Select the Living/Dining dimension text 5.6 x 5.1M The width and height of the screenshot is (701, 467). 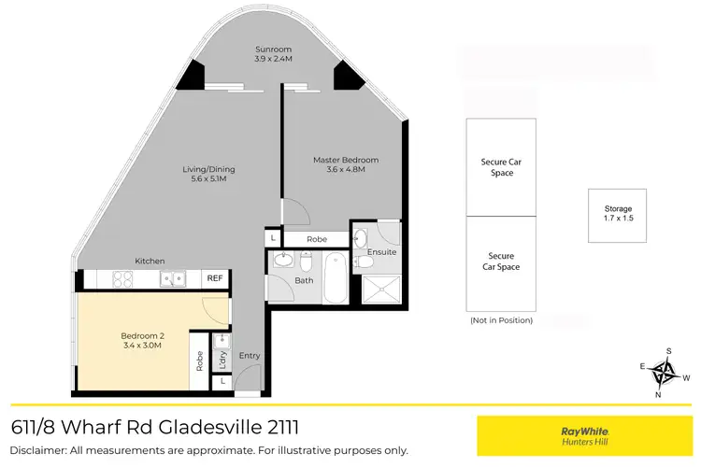pos(208,180)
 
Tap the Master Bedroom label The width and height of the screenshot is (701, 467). pos(345,160)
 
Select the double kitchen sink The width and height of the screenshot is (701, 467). pos(171,278)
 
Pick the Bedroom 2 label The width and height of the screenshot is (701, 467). pos(142,335)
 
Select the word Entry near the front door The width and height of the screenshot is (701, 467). pos(250,355)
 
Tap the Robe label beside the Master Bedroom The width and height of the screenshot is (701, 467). pos(317,240)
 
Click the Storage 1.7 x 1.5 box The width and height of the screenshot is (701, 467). pos(618,216)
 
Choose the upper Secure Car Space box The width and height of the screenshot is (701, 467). pos(501,167)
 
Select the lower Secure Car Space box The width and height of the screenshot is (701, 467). pos(501,262)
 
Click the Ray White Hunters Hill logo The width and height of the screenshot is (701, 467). pos(585,436)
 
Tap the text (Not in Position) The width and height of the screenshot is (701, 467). pos(501,320)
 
